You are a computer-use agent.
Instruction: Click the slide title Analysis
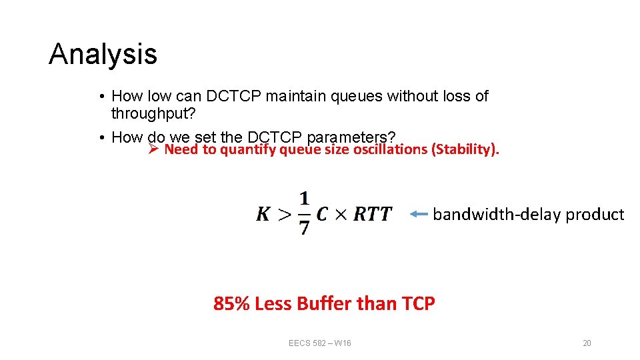click(x=103, y=54)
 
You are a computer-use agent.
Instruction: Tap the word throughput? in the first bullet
click(x=153, y=113)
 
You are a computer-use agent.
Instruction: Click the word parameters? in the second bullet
click(x=349, y=137)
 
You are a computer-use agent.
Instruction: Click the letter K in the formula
click(x=264, y=214)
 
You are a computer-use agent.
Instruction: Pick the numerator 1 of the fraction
click(x=304, y=199)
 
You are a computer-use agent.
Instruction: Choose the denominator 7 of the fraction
click(x=304, y=228)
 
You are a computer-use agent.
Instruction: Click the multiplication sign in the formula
click(x=341, y=215)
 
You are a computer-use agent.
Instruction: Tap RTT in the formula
click(x=373, y=214)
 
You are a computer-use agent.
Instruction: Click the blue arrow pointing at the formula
click(x=419, y=214)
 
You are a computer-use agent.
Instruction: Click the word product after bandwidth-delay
click(x=595, y=214)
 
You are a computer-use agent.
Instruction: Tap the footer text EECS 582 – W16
click(x=320, y=343)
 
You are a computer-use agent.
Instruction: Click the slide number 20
click(x=587, y=343)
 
